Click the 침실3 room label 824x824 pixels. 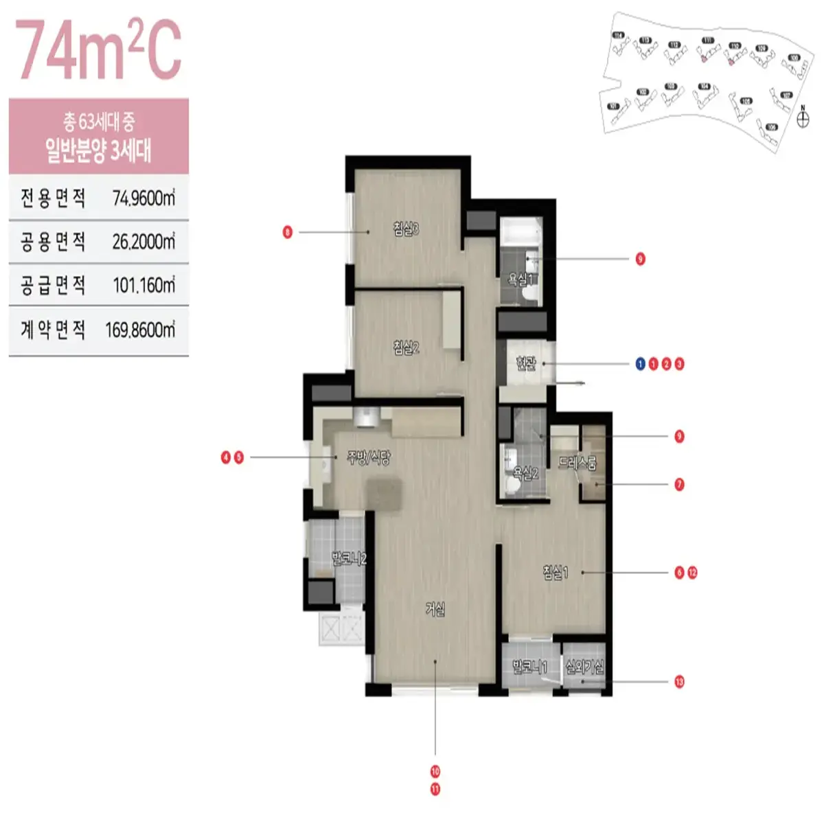click(406, 229)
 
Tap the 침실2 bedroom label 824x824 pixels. click(406, 347)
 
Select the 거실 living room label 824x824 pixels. click(435, 608)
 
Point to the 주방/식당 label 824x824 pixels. click(369, 457)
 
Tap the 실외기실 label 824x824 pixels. click(584, 666)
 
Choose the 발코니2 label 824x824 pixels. click(349, 558)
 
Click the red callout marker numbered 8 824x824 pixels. click(288, 232)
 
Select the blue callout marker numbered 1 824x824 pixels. click(641, 364)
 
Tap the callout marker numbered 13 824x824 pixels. click(679, 682)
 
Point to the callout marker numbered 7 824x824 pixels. click(679, 485)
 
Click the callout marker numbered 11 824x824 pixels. click(435, 790)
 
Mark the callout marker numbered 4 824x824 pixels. click(226, 457)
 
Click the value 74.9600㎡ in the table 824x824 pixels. click(144, 198)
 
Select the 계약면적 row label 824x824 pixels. click(53, 330)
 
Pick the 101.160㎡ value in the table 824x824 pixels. click(144, 285)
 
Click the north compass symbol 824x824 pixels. click(803, 119)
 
